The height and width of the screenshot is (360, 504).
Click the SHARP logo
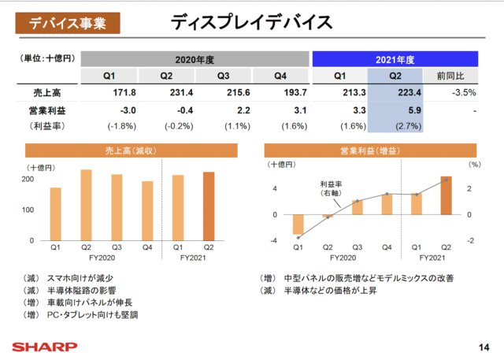pyautogui.click(x=44, y=345)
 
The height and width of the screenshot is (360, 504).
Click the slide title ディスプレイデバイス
pyautogui.click(x=251, y=22)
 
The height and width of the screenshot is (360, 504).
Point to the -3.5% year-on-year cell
pyautogui.click(x=451, y=94)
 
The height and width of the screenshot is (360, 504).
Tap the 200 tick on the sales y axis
pyautogui.click(x=28, y=180)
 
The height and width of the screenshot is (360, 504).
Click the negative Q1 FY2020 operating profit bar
pyautogui.click(x=298, y=225)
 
